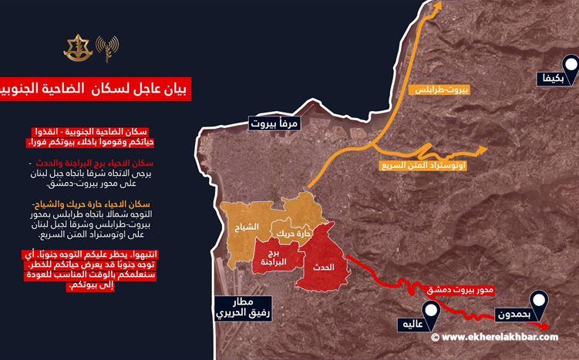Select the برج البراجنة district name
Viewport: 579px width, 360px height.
[269, 258]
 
